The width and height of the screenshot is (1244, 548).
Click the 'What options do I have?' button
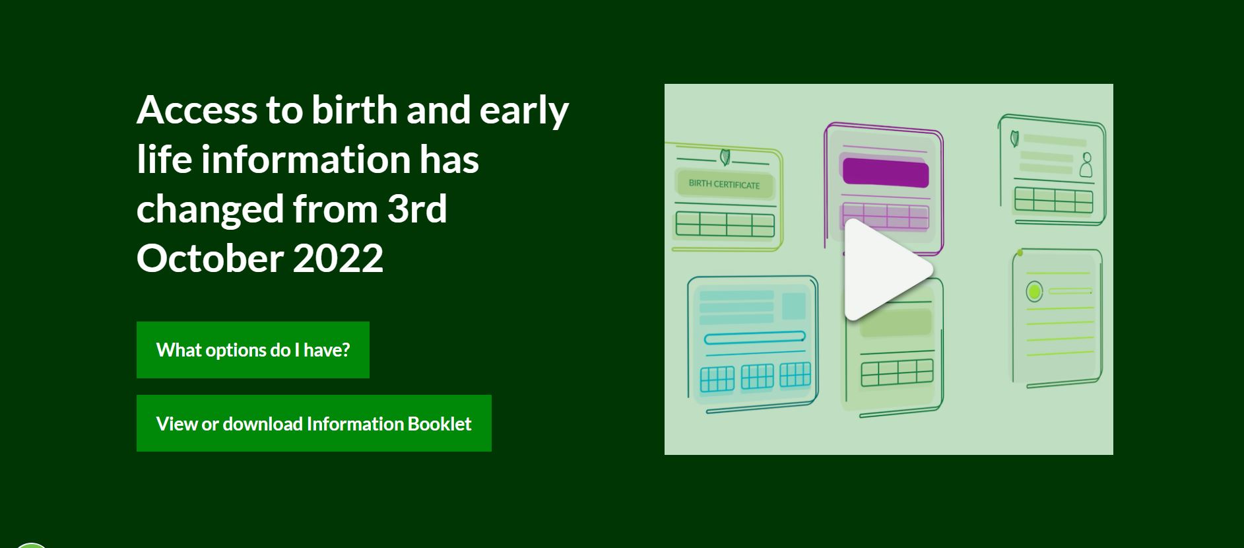click(x=253, y=350)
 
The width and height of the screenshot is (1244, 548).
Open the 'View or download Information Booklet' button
click(x=314, y=423)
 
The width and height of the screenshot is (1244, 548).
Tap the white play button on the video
click(x=888, y=269)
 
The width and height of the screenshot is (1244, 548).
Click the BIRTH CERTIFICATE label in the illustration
click(x=724, y=184)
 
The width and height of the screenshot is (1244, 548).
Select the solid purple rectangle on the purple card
click(x=886, y=173)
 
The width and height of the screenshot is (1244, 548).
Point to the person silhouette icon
click(x=1086, y=166)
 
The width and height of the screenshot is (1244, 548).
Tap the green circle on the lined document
click(x=1034, y=291)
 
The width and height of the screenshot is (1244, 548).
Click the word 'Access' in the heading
click(x=197, y=110)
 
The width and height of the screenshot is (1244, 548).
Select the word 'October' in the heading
click(x=210, y=257)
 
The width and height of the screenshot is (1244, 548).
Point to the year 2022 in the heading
click(x=338, y=257)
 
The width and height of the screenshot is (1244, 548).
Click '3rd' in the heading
click(x=417, y=208)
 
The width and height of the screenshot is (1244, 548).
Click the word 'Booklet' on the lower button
click(x=440, y=423)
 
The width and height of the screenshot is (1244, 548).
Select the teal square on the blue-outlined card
click(x=794, y=306)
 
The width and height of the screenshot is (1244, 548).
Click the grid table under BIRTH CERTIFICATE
click(x=725, y=224)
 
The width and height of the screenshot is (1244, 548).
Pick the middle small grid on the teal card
click(x=757, y=377)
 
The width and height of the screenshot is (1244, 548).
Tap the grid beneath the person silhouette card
click(x=1054, y=200)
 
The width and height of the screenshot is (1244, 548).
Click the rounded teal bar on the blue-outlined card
click(x=754, y=338)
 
